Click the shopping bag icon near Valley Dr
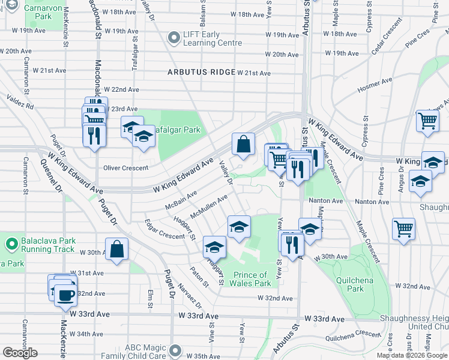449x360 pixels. pyautogui.click(x=243, y=145)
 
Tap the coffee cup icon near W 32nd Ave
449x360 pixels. pyautogui.click(x=65, y=294)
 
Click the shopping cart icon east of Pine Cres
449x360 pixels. pyautogui.click(x=403, y=229)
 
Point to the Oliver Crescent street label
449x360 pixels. pyautogui.click(x=125, y=168)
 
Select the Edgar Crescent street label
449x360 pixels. pyautogui.click(x=164, y=229)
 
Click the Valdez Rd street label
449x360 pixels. pyautogui.click(x=20, y=100)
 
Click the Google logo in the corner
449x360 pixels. pyautogui.click(x=20, y=352)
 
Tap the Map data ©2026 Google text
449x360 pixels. pyautogui.click(x=411, y=355)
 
